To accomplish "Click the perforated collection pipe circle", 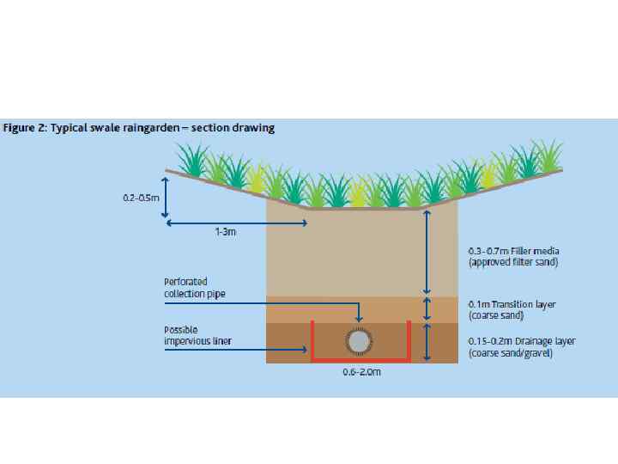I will point(359,342).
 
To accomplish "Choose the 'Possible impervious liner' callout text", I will point(191,336).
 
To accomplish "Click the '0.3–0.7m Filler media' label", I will point(512,251).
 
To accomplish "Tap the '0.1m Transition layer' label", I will point(512,304).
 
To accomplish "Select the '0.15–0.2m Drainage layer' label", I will point(522,341).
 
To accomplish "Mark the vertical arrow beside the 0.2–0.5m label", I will point(166,197).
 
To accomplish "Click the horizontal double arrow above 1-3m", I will point(237,223).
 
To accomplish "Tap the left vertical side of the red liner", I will point(312,339).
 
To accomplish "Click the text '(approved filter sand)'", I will point(513,262).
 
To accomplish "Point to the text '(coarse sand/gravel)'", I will point(511,353).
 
